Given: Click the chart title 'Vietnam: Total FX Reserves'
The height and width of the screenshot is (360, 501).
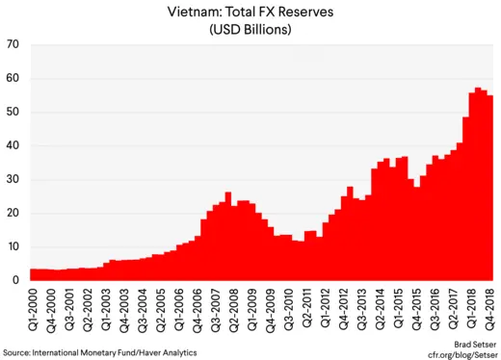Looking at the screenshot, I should pos(250,11).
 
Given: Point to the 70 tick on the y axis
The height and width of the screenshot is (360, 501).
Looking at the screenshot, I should pos(13,45).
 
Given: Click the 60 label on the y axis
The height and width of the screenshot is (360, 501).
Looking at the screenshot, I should pos(13,79).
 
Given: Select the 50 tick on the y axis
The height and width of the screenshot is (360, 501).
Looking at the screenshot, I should pos(13,113).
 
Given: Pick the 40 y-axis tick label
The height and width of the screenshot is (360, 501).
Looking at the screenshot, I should pos(13,146).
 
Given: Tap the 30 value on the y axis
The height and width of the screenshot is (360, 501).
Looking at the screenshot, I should pos(13,180).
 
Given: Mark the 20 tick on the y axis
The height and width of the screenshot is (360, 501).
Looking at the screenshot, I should pos(13,214).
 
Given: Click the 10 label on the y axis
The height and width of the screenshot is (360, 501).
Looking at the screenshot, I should pos(13,247).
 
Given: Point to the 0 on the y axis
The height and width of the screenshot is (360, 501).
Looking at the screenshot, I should pos(16,281).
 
